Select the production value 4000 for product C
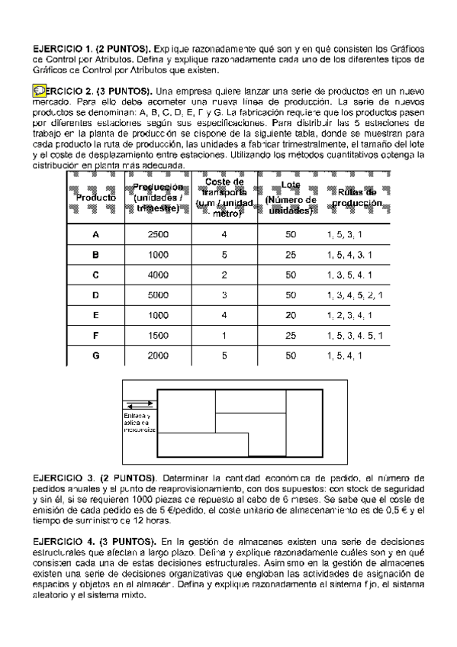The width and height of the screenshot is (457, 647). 158,275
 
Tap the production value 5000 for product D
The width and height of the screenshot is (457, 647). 158,295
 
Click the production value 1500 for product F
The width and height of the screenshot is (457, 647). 158,334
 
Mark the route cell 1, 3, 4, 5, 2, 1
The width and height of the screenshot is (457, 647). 354,295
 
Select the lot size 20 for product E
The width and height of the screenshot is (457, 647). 290,314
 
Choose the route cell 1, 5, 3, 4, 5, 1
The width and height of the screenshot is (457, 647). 354,334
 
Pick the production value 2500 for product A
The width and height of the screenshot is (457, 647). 158,235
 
